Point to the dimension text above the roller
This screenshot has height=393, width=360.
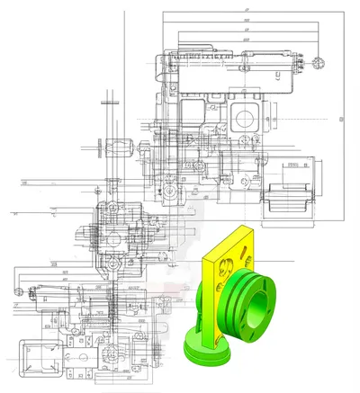pyautogui.click(x=294, y=165)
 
